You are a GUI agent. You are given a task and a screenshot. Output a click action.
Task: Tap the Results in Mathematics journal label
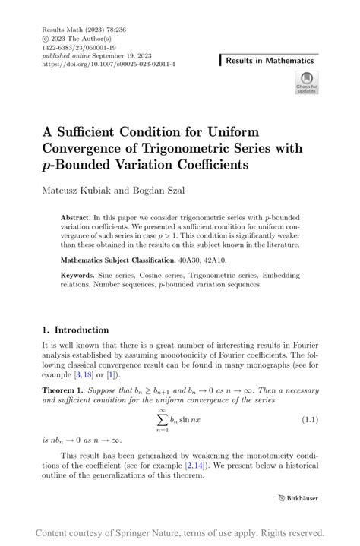click(x=269, y=60)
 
